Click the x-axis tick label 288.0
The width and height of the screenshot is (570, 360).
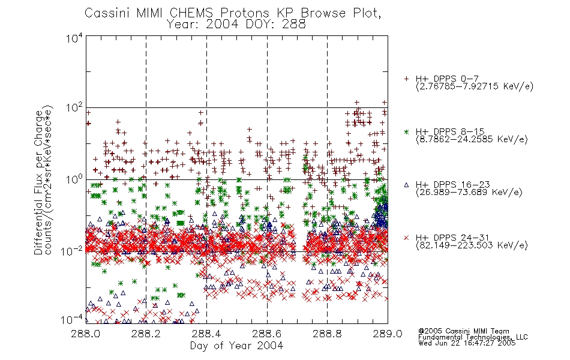pos(86,334)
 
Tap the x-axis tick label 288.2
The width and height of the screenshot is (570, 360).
pos(146,334)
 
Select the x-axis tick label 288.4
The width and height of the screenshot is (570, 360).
pos(206,334)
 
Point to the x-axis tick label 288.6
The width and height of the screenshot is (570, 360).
pos(267,334)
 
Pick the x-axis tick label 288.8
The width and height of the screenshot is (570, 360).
pos(327,334)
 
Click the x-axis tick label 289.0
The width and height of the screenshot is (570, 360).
pos(388,334)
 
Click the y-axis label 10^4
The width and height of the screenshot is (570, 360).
pos(74,38)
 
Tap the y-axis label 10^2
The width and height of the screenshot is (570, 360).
pos(74,108)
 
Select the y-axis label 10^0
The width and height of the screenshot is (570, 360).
pos(74,179)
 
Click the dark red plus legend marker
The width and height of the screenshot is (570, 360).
pos(406,79)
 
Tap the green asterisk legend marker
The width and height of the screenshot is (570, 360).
pos(406,131)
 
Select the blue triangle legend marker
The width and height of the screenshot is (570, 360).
pos(406,185)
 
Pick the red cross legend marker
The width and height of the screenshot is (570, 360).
pos(406,238)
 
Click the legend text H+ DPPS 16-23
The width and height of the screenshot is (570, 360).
pos(452,185)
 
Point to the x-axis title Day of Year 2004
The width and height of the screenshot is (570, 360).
pos(236,346)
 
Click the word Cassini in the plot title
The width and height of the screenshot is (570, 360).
pos(108,13)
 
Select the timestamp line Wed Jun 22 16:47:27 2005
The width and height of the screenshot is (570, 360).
pos(467,343)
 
